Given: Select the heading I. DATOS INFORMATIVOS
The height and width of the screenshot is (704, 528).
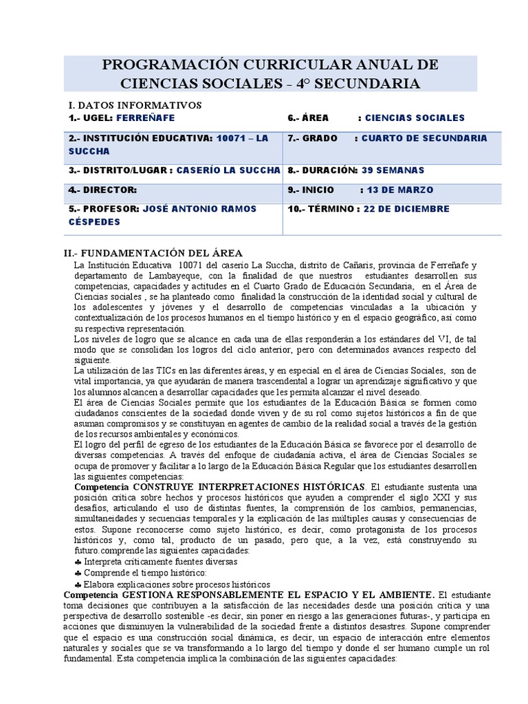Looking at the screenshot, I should (135, 105).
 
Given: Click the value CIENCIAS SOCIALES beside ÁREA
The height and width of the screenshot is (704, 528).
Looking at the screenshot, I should (415, 118).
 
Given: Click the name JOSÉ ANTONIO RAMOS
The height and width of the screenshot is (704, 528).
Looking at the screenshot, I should (199, 209).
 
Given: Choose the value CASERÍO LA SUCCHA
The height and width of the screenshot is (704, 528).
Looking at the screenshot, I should (228, 170).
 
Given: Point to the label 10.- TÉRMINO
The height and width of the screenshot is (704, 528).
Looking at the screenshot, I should (322, 209).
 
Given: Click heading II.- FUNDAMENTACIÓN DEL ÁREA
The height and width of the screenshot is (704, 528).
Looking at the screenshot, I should (155, 253).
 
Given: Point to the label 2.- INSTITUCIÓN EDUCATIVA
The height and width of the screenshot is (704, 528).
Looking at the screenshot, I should (141, 138).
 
